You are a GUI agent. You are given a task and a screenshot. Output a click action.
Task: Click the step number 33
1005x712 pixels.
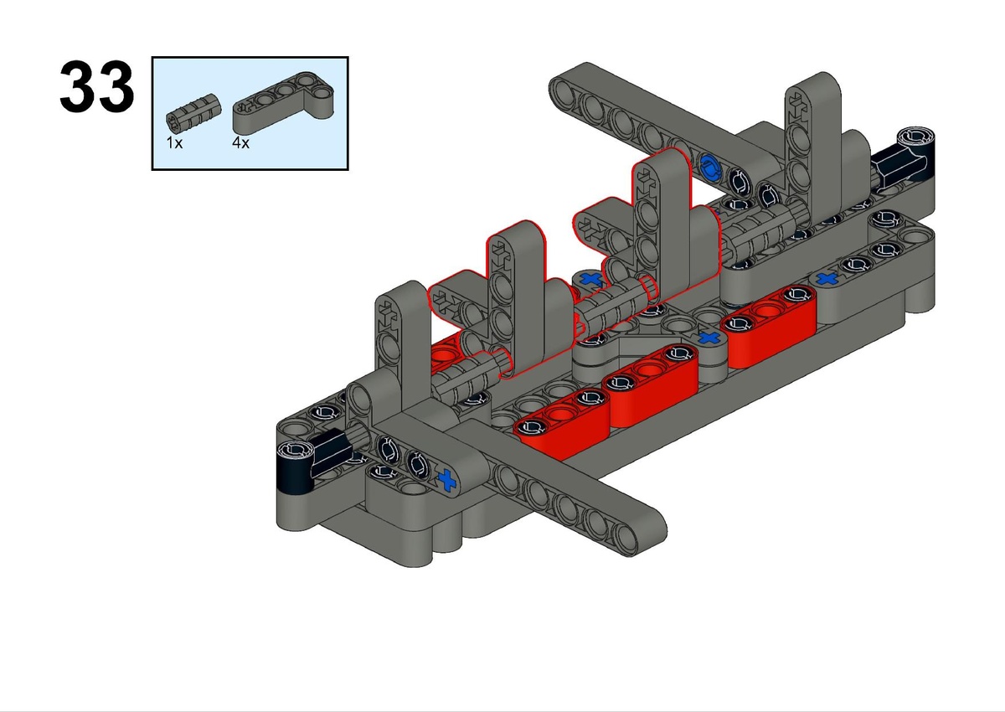pos(96,86)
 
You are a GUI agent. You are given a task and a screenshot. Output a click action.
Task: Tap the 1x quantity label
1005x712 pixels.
pos(174,142)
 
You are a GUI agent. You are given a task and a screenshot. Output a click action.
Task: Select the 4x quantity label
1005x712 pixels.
pos(240,142)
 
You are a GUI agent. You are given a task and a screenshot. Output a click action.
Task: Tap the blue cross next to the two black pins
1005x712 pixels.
pos(447,480)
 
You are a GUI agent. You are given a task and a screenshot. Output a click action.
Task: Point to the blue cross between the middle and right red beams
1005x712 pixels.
pos(709,338)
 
